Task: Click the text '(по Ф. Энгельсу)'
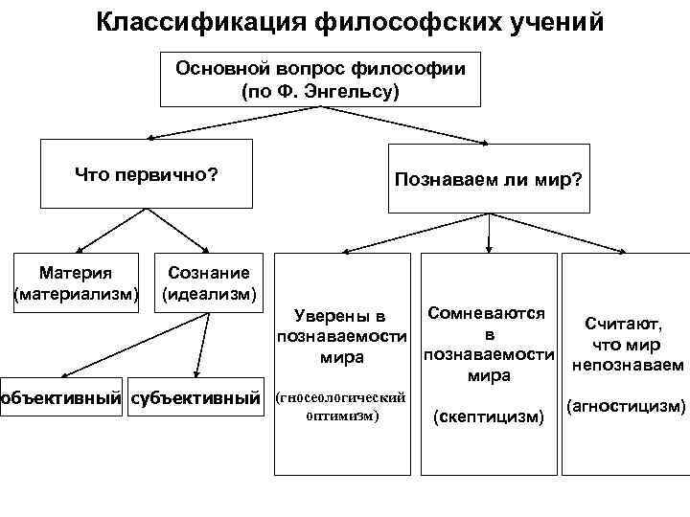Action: [x=320, y=93]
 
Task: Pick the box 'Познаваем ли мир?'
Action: [x=489, y=179]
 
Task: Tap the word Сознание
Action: [x=209, y=274]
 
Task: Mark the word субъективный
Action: [x=195, y=395]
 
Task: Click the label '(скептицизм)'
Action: [x=489, y=416]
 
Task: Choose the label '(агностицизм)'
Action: [x=627, y=407]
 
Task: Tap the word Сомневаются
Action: [x=488, y=313]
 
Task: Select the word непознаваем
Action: [x=627, y=365]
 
